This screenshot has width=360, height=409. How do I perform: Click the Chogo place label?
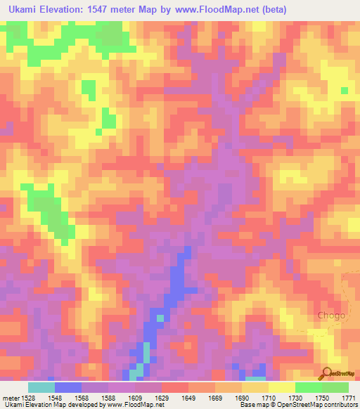(x=331, y=315)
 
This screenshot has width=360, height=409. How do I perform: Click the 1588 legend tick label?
(x=108, y=397)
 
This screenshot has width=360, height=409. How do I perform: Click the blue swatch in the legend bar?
(x=68, y=387)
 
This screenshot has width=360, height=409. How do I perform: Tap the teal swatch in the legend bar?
(x=41, y=387)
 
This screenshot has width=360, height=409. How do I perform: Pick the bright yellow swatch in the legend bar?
(x=282, y=387)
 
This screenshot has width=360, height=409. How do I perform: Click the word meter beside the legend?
(x=9, y=397)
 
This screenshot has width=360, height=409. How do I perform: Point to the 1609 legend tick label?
(x=135, y=397)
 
